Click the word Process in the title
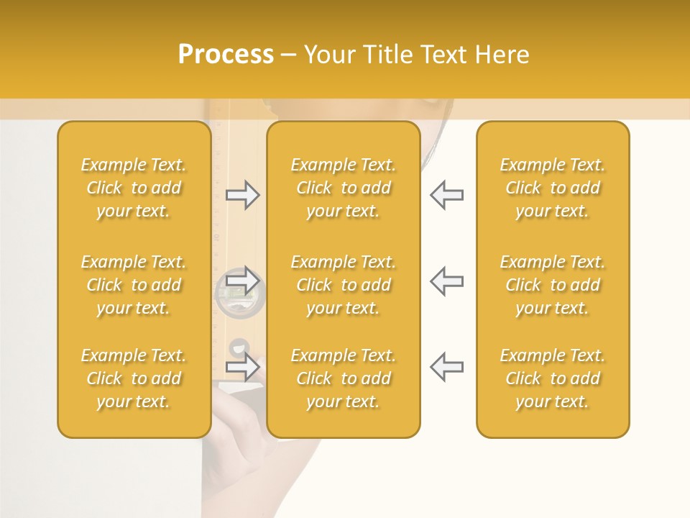tap(226, 55)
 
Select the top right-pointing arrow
tap(243, 195)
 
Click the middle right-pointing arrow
tap(243, 281)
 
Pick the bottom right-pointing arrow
tap(243, 367)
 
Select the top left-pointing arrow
tap(446, 195)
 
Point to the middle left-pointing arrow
tap(446, 281)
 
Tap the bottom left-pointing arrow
tap(446, 367)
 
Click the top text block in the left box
tap(134, 188)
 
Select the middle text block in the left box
tap(134, 285)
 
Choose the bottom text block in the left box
tap(134, 378)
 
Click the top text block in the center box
tap(344, 188)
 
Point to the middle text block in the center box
tap(344, 285)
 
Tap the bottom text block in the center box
tap(344, 378)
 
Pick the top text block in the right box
tap(553, 188)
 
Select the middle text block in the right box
tap(553, 285)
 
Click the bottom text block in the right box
tap(553, 378)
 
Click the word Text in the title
tap(446, 55)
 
